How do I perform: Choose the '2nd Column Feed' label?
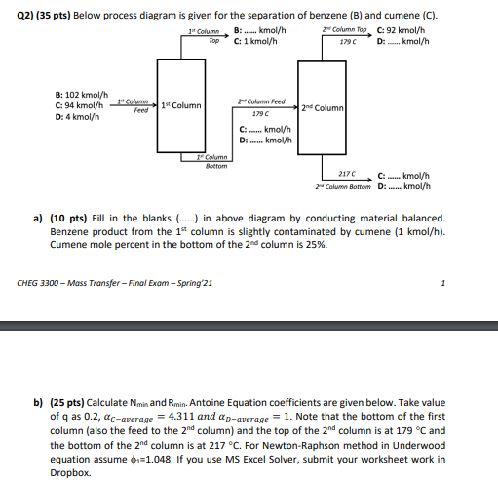[261, 101]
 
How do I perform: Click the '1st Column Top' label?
[202, 37]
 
